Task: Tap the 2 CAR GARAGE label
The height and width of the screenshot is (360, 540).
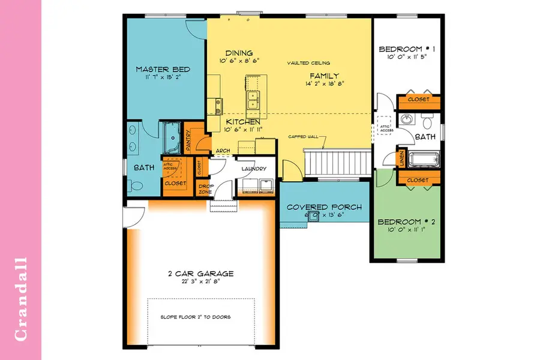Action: click(200, 274)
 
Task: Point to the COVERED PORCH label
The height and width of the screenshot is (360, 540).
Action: click(324, 207)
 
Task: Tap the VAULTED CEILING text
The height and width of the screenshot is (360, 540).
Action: click(308, 63)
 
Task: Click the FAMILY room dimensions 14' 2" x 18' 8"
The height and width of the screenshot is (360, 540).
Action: click(324, 83)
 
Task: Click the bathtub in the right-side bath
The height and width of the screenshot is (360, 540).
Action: click(425, 160)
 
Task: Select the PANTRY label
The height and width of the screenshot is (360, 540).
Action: click(188, 142)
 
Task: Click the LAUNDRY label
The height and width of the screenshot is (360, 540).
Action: click(254, 169)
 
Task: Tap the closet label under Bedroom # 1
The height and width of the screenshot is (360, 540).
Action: click(418, 99)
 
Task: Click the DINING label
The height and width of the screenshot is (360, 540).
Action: click(239, 53)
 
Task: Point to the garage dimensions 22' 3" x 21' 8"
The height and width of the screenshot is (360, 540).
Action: click(200, 282)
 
